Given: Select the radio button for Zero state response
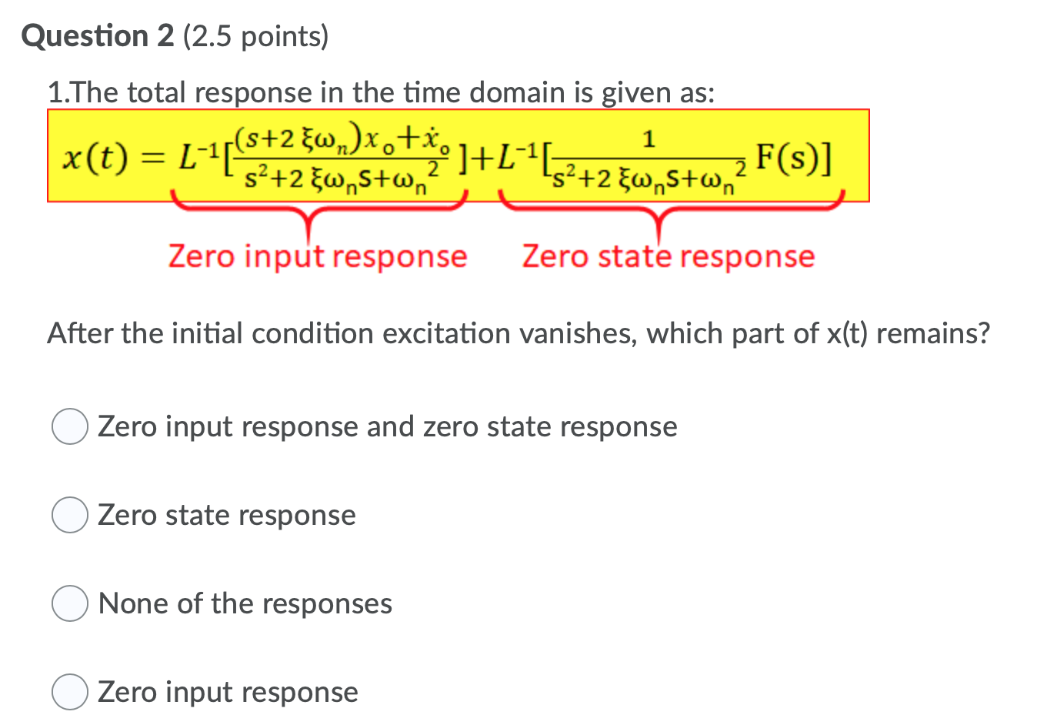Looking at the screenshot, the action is (x=69, y=516).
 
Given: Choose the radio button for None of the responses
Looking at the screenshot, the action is (x=69, y=604).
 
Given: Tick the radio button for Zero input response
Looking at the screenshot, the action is (x=69, y=693).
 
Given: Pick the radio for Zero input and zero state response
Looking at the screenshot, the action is (x=69, y=427).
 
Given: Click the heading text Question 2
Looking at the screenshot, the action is (x=98, y=36).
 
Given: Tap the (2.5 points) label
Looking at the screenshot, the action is (x=255, y=36).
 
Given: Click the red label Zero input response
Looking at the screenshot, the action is (x=318, y=256).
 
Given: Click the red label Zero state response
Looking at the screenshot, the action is (x=668, y=256).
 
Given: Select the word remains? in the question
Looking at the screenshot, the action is (x=932, y=334).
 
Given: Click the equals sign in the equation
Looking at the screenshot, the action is (x=155, y=159).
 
